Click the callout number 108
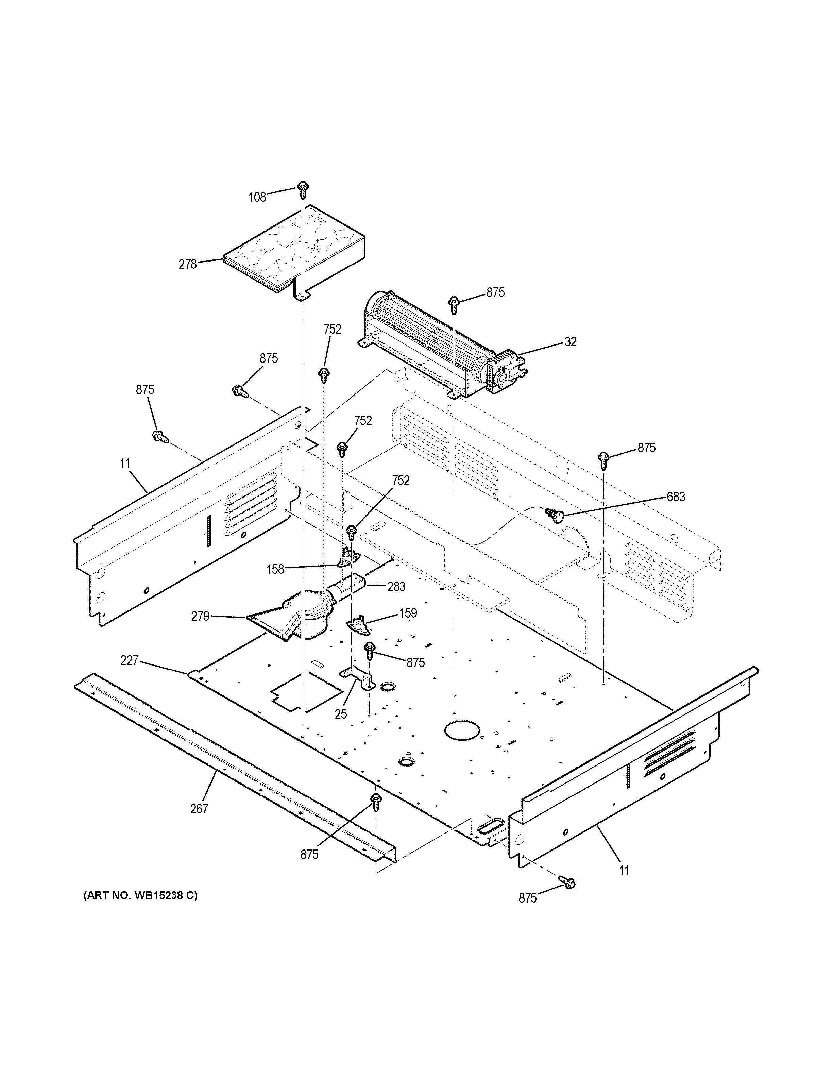257,198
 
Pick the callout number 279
200,616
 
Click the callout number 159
408,613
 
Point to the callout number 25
341,713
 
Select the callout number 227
129,660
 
